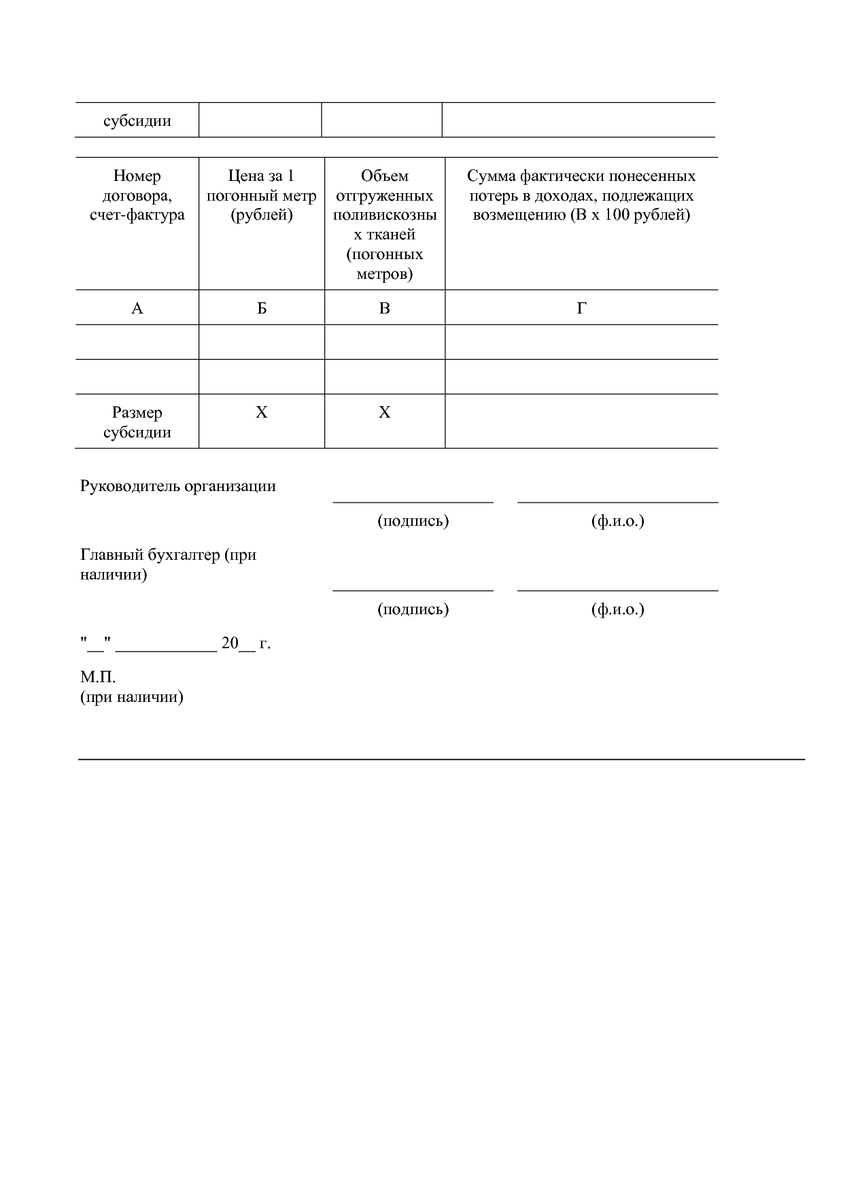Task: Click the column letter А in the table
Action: (137, 309)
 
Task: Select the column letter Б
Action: (262, 309)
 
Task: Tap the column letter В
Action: (385, 309)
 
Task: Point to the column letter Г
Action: (581, 309)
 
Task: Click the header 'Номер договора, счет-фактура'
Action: (137, 196)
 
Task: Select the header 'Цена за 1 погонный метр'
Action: (262, 196)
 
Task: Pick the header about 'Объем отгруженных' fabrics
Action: (385, 224)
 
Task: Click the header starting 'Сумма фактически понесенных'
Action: (581, 196)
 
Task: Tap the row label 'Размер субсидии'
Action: (137, 422)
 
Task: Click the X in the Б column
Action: (262, 413)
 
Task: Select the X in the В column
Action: (385, 413)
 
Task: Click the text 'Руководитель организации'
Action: (178, 486)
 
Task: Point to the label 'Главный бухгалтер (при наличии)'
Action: (168, 565)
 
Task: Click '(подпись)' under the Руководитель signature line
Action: (413, 521)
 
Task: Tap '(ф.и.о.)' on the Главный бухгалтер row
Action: (617, 609)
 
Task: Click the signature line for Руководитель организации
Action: (413, 501)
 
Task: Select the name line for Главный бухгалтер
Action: (617, 590)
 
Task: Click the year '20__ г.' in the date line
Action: (245, 643)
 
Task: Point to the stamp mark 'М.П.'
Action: (98, 677)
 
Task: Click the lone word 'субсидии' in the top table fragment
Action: (137, 121)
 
